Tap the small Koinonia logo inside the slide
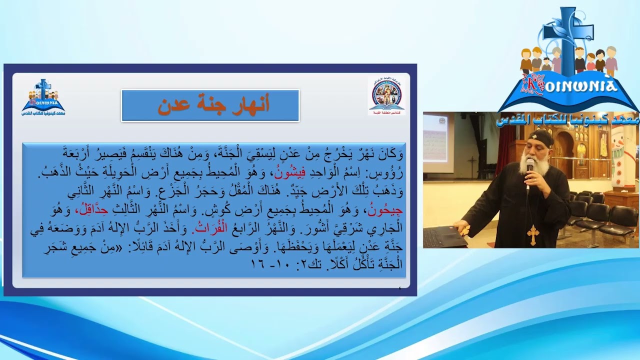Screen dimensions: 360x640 pos(43,97)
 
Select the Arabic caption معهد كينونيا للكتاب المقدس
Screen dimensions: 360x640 pos(568,119)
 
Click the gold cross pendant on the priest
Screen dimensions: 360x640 pos(533,234)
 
